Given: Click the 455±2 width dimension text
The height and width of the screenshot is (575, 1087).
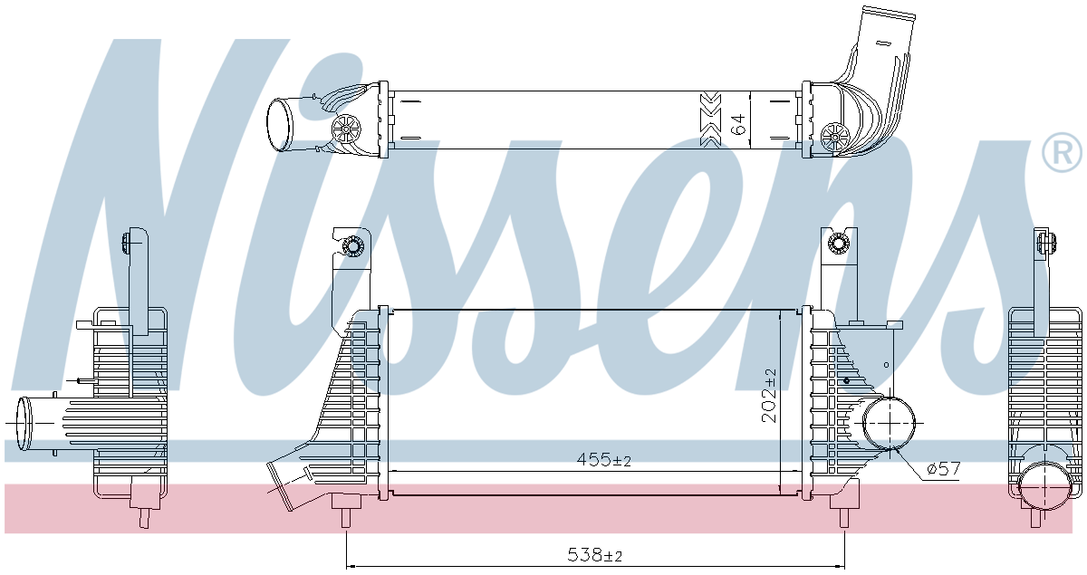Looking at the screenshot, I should tap(604, 460).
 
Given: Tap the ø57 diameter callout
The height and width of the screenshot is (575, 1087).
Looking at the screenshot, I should tap(943, 469).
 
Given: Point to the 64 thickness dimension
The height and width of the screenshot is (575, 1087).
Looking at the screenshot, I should tap(739, 124).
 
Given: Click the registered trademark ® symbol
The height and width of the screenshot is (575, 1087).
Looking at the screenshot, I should tap(1063, 153).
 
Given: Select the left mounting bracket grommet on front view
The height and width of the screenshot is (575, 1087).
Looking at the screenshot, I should tap(352, 245).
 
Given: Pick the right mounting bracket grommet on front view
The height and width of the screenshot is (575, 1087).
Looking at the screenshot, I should tap(839, 243).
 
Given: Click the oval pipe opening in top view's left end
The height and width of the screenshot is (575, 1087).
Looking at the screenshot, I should tap(280, 126).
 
